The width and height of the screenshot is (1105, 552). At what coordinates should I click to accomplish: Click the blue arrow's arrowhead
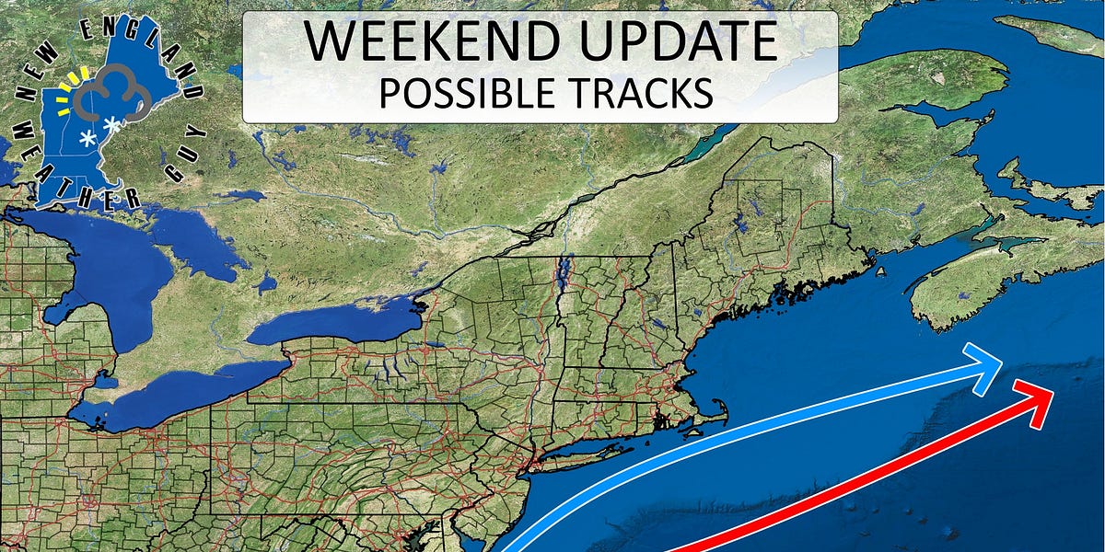pyautogui.click(x=987, y=365)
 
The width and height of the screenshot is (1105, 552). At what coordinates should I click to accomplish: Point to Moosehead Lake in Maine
pyautogui.click(x=742, y=222)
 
